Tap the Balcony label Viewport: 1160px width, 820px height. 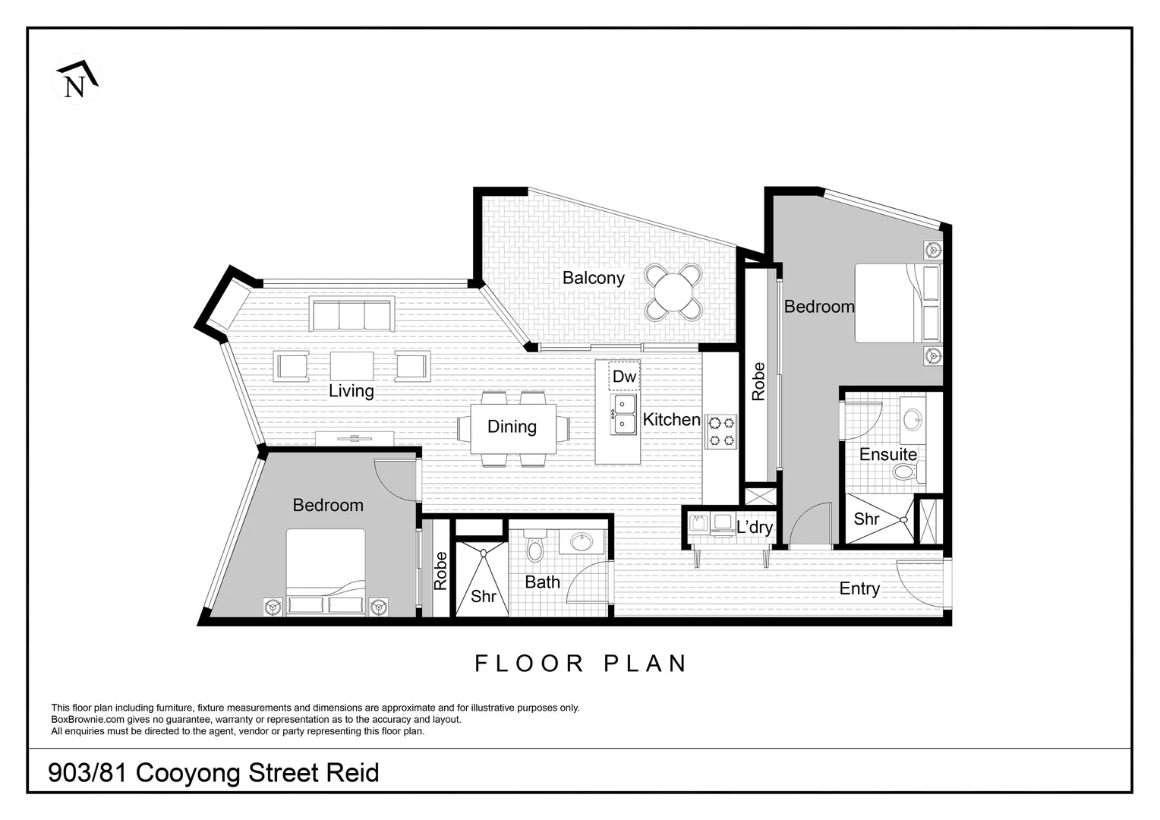593,278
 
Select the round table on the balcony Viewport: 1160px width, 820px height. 673,291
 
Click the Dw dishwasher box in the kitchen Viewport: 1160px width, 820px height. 624,377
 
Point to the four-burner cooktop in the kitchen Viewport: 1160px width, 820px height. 720,431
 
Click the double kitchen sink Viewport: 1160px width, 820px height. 625,415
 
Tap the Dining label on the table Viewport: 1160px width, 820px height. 512,427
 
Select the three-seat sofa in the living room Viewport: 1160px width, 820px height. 351,315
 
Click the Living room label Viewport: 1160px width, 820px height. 351,391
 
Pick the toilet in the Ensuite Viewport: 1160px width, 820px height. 906,473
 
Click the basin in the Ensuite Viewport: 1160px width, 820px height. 913,418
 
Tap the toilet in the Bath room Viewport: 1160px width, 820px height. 535,547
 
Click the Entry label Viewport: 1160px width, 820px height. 859,588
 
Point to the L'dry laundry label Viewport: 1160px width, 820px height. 755,527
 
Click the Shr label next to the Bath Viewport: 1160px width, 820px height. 483,596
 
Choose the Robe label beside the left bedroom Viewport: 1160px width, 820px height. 440,571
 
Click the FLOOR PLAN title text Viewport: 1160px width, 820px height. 580,664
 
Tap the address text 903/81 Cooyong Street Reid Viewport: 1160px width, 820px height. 213,773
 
